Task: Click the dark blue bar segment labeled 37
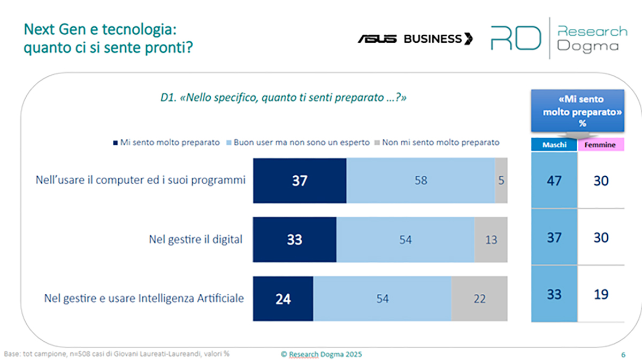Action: [300, 181]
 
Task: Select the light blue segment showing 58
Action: [421, 181]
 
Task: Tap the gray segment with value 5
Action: [501, 181]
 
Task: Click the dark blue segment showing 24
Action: [283, 299]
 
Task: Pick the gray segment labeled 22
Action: [479, 299]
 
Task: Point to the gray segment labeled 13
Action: [491, 240]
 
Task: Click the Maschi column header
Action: [554, 145]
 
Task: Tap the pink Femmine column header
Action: [601, 145]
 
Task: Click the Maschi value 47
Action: [554, 181]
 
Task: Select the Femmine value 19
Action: [601, 294]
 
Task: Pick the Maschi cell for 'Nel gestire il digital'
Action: [554, 238]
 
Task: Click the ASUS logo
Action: [377, 38]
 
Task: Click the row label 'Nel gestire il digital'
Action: [195, 239]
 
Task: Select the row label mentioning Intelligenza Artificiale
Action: [144, 298]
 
